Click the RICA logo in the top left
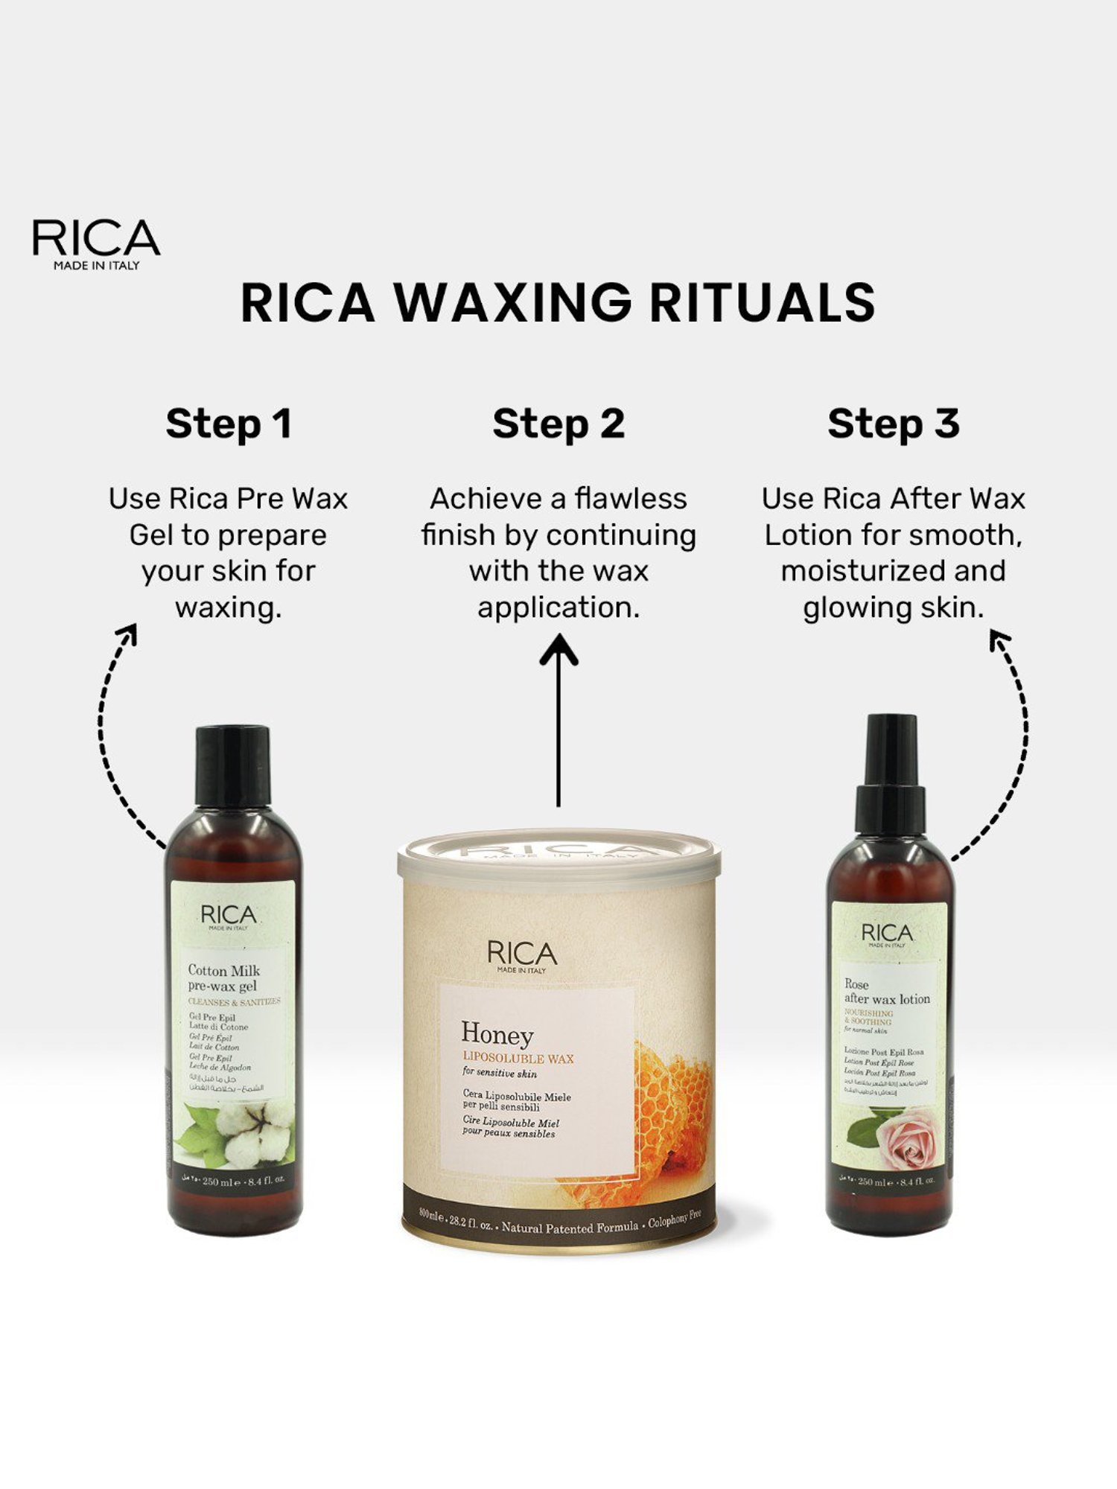coord(96,243)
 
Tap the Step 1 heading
coord(228,424)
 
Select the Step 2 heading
coord(558,424)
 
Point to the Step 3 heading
coord(893,424)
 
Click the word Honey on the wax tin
coord(497,1035)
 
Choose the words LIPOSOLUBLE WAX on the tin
coord(518,1058)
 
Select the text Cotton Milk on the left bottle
coord(224,970)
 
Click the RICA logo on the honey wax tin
coord(522,954)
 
